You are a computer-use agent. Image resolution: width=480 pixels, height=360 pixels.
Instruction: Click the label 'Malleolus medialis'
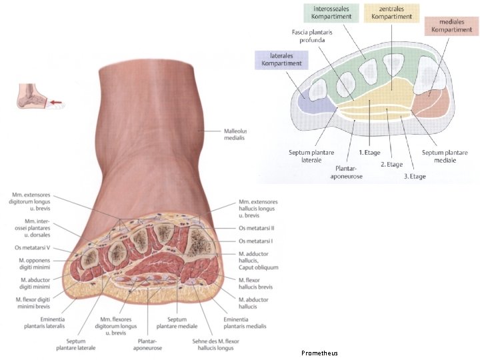pyautogui.click(x=235, y=134)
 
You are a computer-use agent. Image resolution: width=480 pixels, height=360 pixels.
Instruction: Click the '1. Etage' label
pyautogui.click(x=369, y=153)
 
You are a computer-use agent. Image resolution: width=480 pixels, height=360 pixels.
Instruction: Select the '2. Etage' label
pyautogui.click(x=391, y=163)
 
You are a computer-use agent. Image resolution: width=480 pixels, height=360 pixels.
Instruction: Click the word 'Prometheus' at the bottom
pyautogui.click(x=319, y=352)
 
